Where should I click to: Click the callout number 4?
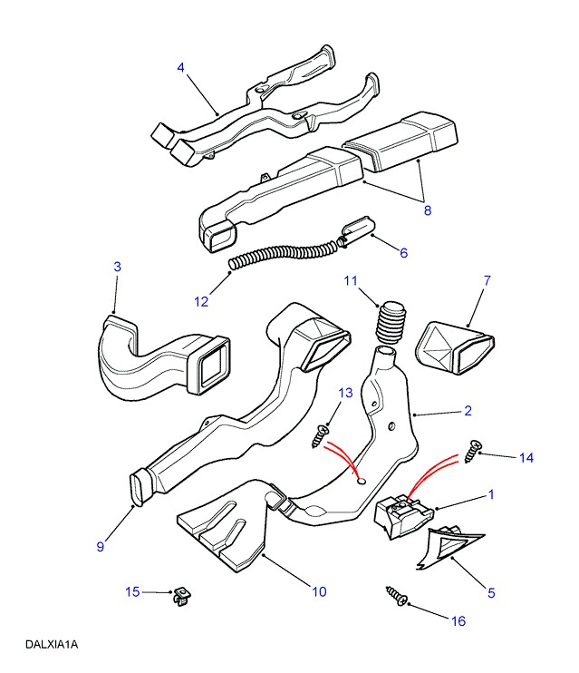(x=180, y=67)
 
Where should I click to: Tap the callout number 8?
(x=426, y=210)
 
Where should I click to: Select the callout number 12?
(x=201, y=301)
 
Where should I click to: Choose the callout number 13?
(x=344, y=392)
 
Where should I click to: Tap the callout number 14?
(x=526, y=458)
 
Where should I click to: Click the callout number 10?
(x=318, y=592)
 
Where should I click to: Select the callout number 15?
(x=132, y=592)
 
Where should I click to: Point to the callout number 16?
(x=458, y=620)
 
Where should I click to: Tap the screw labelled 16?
(x=398, y=596)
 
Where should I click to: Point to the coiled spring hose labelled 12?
(x=282, y=250)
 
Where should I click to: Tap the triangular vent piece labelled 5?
(x=445, y=548)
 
